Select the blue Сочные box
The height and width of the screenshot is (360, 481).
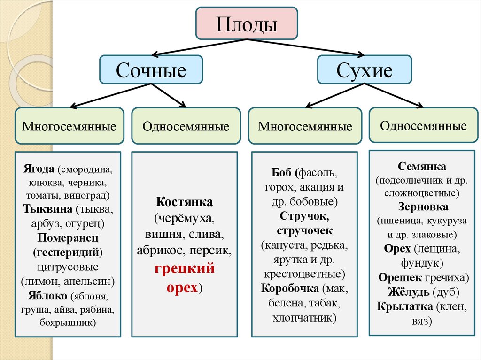coord(151,70)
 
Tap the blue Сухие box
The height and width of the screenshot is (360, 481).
coord(365,70)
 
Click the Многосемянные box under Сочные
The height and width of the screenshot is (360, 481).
coord(70,126)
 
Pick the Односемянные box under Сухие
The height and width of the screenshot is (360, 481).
coord(424,125)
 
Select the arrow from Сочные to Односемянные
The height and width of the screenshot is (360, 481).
coord(169,95)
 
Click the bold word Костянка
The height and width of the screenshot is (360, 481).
coord(185,203)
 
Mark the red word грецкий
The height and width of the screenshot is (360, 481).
coord(185,268)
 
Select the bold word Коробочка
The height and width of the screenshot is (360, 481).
coord(290,288)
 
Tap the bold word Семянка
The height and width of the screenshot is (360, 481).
coord(422,167)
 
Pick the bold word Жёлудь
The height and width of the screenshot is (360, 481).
coord(408,292)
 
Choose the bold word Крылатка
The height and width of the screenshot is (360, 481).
coord(404,307)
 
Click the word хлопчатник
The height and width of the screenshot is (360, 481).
coord(304,318)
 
